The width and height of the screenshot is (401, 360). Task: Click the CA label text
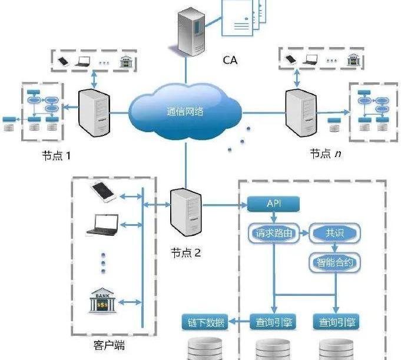click(230, 59)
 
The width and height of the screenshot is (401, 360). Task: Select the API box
click(274, 204)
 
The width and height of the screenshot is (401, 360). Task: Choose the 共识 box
click(334, 233)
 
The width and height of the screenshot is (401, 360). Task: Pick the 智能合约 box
click(334, 262)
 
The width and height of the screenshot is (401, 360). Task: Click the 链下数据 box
click(206, 322)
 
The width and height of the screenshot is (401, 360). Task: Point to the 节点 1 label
click(56, 156)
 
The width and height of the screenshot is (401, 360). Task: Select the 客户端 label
click(110, 345)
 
